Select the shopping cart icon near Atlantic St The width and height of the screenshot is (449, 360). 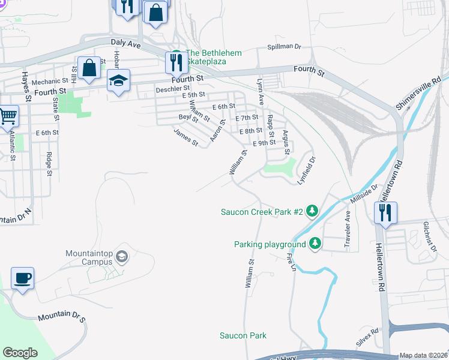[x=8, y=116]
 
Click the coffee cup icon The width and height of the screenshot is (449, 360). [x=23, y=278]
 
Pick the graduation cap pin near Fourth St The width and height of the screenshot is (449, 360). [x=119, y=81]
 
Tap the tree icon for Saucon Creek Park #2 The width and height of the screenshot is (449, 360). [x=312, y=211]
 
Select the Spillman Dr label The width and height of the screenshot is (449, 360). [x=284, y=47]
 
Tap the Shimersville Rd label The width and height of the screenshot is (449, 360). [x=418, y=92]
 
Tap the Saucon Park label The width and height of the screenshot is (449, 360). [x=243, y=335]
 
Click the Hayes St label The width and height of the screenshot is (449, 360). [x=26, y=84]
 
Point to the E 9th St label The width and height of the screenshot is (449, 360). [x=264, y=143]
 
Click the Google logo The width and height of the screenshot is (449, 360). [x=20, y=352]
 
